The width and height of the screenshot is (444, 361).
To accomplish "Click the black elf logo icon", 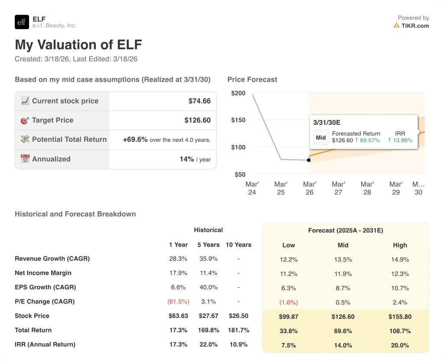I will coord(22,22).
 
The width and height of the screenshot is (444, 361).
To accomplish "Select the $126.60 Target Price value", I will coord(197,120).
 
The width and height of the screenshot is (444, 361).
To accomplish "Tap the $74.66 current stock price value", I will coord(199,101).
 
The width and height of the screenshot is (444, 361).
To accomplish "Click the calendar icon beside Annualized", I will coord(25,159).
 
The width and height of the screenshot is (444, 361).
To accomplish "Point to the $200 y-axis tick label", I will coord(238,93).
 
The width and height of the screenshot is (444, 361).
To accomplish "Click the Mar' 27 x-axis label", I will coord(338,188).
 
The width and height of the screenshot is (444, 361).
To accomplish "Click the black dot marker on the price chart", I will coord(309,160).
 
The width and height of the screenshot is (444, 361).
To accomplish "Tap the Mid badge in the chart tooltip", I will coord(321,138).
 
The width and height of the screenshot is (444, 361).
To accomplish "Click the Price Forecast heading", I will coord(252,79).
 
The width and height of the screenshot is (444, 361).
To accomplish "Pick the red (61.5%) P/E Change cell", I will coord(178,302).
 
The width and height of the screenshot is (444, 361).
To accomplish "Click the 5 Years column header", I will coord(209,245).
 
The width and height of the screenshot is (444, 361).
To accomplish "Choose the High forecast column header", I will coord(400,245).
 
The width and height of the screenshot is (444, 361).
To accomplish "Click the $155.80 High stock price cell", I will coord(400,317).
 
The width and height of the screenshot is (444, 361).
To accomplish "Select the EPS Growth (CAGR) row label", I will coord(45,287).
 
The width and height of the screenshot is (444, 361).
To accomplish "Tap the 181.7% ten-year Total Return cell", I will coord(238,330).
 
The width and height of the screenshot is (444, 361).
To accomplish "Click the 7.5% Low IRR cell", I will coord(288,345).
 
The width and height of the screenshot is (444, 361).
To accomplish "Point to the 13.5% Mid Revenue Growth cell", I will coord(343,260).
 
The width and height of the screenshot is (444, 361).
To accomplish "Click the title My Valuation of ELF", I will coord(78,45).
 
